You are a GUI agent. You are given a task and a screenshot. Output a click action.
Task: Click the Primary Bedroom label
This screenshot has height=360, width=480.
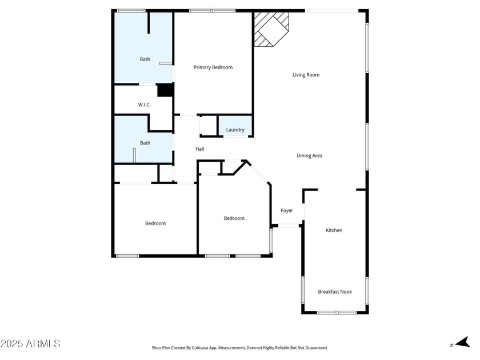coord(213,67)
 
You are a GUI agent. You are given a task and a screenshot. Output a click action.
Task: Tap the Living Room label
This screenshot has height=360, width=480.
coord(306,75)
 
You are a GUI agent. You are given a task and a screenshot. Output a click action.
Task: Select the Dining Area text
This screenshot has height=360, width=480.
coord(310,155)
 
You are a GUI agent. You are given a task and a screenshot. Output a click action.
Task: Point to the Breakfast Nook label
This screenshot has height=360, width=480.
coord(335,292)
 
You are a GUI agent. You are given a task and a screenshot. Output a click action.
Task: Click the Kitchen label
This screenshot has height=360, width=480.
coord(334,230)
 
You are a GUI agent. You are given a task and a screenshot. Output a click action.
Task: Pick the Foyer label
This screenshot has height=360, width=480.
coord(287,211)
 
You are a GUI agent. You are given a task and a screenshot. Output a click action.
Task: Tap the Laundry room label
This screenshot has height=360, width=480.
coord(235,130)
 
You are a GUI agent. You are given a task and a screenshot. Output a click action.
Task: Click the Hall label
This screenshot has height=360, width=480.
coord(200,149)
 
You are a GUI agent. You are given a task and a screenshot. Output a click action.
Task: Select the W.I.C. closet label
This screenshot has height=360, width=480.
coord(144,105)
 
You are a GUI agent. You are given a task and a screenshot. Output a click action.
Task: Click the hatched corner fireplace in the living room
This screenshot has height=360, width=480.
coord(271,29)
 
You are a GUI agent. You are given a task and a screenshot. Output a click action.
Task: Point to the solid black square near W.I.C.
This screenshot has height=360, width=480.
coord(165,90)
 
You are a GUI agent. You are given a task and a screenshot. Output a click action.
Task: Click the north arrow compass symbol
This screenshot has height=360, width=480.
coord(462,342)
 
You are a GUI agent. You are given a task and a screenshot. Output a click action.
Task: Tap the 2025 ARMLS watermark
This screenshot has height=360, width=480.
coord(30,343)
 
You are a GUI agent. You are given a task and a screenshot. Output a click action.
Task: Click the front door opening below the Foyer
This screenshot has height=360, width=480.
coord(289,226)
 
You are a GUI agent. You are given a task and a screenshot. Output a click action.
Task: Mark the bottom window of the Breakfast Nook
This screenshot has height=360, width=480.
coord(337,313)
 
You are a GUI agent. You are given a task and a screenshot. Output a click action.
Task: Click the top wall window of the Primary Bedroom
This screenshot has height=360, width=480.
coord(212,11)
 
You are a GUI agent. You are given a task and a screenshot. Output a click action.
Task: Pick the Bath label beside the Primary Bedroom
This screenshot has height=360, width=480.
coord(145,59)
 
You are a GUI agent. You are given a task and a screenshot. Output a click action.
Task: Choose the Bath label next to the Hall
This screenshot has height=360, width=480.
coord(145,143)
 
